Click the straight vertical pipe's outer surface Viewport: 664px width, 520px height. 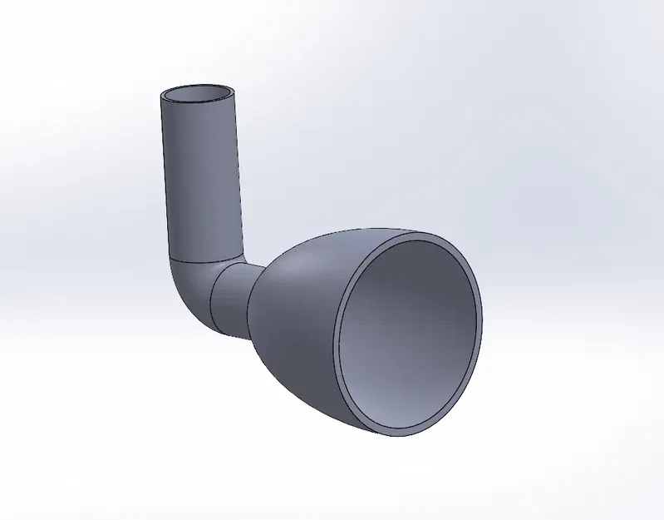click(199, 175)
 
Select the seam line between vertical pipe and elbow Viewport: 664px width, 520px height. click(206, 259)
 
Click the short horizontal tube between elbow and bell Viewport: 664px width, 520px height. click(233, 304)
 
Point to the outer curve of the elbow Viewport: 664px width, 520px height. click(179, 300)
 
